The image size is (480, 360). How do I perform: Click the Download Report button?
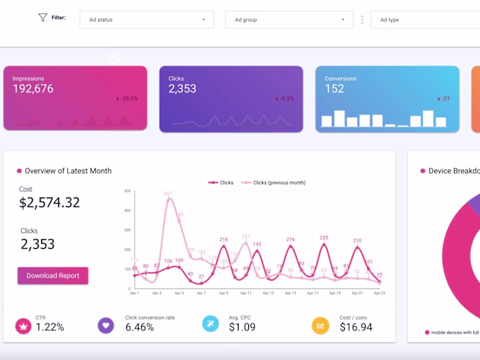(53, 276)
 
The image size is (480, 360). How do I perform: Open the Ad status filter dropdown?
(147, 20)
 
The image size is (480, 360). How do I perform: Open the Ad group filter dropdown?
(289, 20)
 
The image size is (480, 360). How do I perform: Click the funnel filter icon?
(43, 18)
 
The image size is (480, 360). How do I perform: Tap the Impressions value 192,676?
(33, 89)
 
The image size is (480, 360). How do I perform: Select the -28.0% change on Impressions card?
(128, 99)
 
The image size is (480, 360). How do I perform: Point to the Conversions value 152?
(334, 89)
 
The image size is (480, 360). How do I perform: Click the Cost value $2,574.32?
(49, 202)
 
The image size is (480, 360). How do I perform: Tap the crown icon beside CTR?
(24, 325)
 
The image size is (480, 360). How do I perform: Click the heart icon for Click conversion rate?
(106, 325)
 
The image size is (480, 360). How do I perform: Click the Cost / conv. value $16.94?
(356, 327)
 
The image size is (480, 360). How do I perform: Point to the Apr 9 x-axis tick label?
(223, 293)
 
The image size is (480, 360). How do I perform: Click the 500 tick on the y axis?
(127, 191)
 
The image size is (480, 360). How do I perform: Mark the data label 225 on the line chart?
(324, 238)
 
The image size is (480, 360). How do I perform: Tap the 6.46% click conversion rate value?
(141, 327)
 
